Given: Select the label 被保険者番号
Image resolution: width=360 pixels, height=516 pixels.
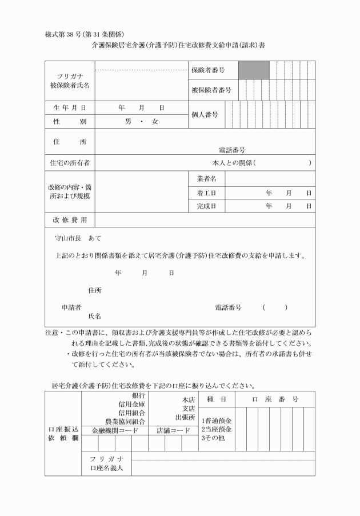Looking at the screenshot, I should pos(211,90).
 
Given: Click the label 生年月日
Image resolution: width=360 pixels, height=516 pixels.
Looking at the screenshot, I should pos(69,107).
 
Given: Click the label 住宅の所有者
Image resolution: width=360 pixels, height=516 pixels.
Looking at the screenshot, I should pos(70,163).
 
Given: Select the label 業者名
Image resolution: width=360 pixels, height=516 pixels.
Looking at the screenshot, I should pos(205,179).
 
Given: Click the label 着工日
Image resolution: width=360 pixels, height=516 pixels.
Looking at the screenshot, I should pos(205,193).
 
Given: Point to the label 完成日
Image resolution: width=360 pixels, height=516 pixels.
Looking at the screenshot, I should pos(205,206).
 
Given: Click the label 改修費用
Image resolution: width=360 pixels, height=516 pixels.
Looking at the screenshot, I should pos(69,220).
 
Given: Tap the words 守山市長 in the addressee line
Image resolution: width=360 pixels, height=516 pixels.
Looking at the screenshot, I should pos(67,238).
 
